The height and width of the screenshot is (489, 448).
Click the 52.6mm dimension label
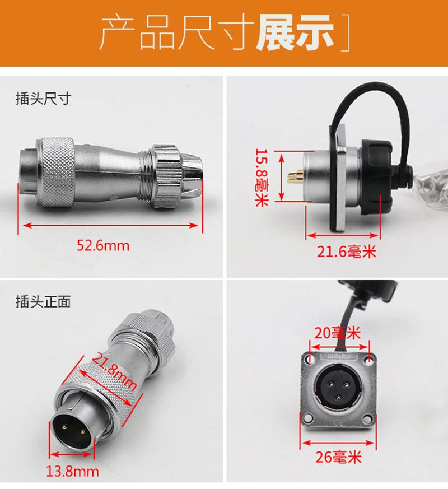click(x=111, y=245)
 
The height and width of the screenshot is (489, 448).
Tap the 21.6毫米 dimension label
click(x=347, y=252)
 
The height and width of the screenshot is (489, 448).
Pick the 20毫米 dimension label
click(x=338, y=333)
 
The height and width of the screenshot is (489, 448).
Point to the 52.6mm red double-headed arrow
click(x=111, y=226)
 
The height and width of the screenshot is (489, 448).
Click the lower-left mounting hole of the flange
click(x=309, y=416)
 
